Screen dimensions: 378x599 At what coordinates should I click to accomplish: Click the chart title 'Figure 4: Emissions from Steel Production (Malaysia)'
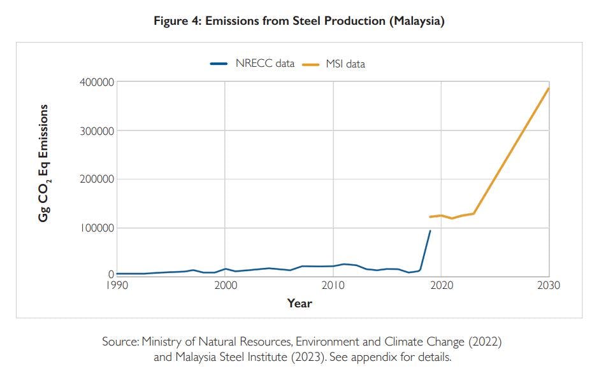(x=299, y=21)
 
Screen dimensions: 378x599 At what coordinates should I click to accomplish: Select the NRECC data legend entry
(x=252, y=63)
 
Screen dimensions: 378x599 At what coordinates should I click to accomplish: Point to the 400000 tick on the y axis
(x=96, y=82)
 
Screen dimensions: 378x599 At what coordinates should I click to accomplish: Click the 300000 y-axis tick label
(x=96, y=131)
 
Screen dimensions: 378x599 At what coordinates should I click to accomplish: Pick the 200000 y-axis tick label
(x=96, y=179)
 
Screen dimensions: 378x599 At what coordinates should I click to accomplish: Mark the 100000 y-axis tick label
(x=96, y=228)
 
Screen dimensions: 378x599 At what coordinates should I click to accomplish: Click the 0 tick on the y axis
(x=110, y=274)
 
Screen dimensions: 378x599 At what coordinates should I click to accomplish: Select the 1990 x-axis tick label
(x=117, y=286)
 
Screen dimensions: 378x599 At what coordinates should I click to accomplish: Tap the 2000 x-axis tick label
(x=225, y=286)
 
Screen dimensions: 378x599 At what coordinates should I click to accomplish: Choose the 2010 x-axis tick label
(x=333, y=286)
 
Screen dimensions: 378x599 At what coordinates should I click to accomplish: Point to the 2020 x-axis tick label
(x=441, y=286)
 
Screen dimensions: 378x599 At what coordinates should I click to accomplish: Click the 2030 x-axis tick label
(x=548, y=286)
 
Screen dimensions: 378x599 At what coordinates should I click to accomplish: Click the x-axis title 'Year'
(x=299, y=304)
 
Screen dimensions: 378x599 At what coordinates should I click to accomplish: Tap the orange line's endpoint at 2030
(x=548, y=88)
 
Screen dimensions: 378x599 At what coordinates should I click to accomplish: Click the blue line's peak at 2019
(x=430, y=230)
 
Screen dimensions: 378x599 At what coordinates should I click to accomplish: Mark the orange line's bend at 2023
(x=473, y=213)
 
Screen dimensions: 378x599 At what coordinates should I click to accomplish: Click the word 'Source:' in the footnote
(x=120, y=342)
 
